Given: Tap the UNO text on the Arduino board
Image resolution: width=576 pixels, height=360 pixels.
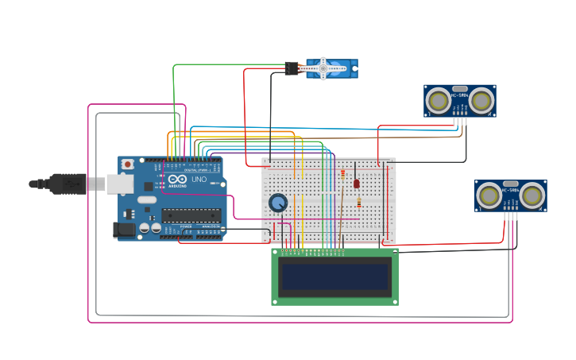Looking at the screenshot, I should (199, 180).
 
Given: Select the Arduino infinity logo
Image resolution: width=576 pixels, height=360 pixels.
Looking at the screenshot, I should (179, 180).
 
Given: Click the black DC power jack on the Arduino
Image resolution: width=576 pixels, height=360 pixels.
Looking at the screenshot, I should (124, 230).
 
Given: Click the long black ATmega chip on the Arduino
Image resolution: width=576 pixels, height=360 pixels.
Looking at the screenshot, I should (191, 215).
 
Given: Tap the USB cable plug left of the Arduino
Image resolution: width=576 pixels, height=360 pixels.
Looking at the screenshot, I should (68, 184).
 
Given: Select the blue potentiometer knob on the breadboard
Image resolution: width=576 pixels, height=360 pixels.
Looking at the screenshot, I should (277, 203).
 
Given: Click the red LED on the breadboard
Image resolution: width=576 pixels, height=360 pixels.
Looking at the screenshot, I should (356, 184).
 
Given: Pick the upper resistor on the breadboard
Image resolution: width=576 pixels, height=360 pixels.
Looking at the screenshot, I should (342, 175).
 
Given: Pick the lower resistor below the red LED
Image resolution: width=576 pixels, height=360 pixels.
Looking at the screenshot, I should (358, 203).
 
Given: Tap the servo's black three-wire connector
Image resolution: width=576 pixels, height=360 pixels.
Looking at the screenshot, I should (292, 69).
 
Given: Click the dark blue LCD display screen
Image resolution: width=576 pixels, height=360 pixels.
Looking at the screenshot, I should (334, 277).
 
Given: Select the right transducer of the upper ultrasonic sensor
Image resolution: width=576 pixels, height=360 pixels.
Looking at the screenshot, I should (482, 100).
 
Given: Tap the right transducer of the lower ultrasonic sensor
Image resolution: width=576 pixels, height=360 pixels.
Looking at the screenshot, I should (533, 195).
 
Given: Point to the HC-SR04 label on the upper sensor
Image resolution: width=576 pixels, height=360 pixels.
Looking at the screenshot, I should (460, 97).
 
